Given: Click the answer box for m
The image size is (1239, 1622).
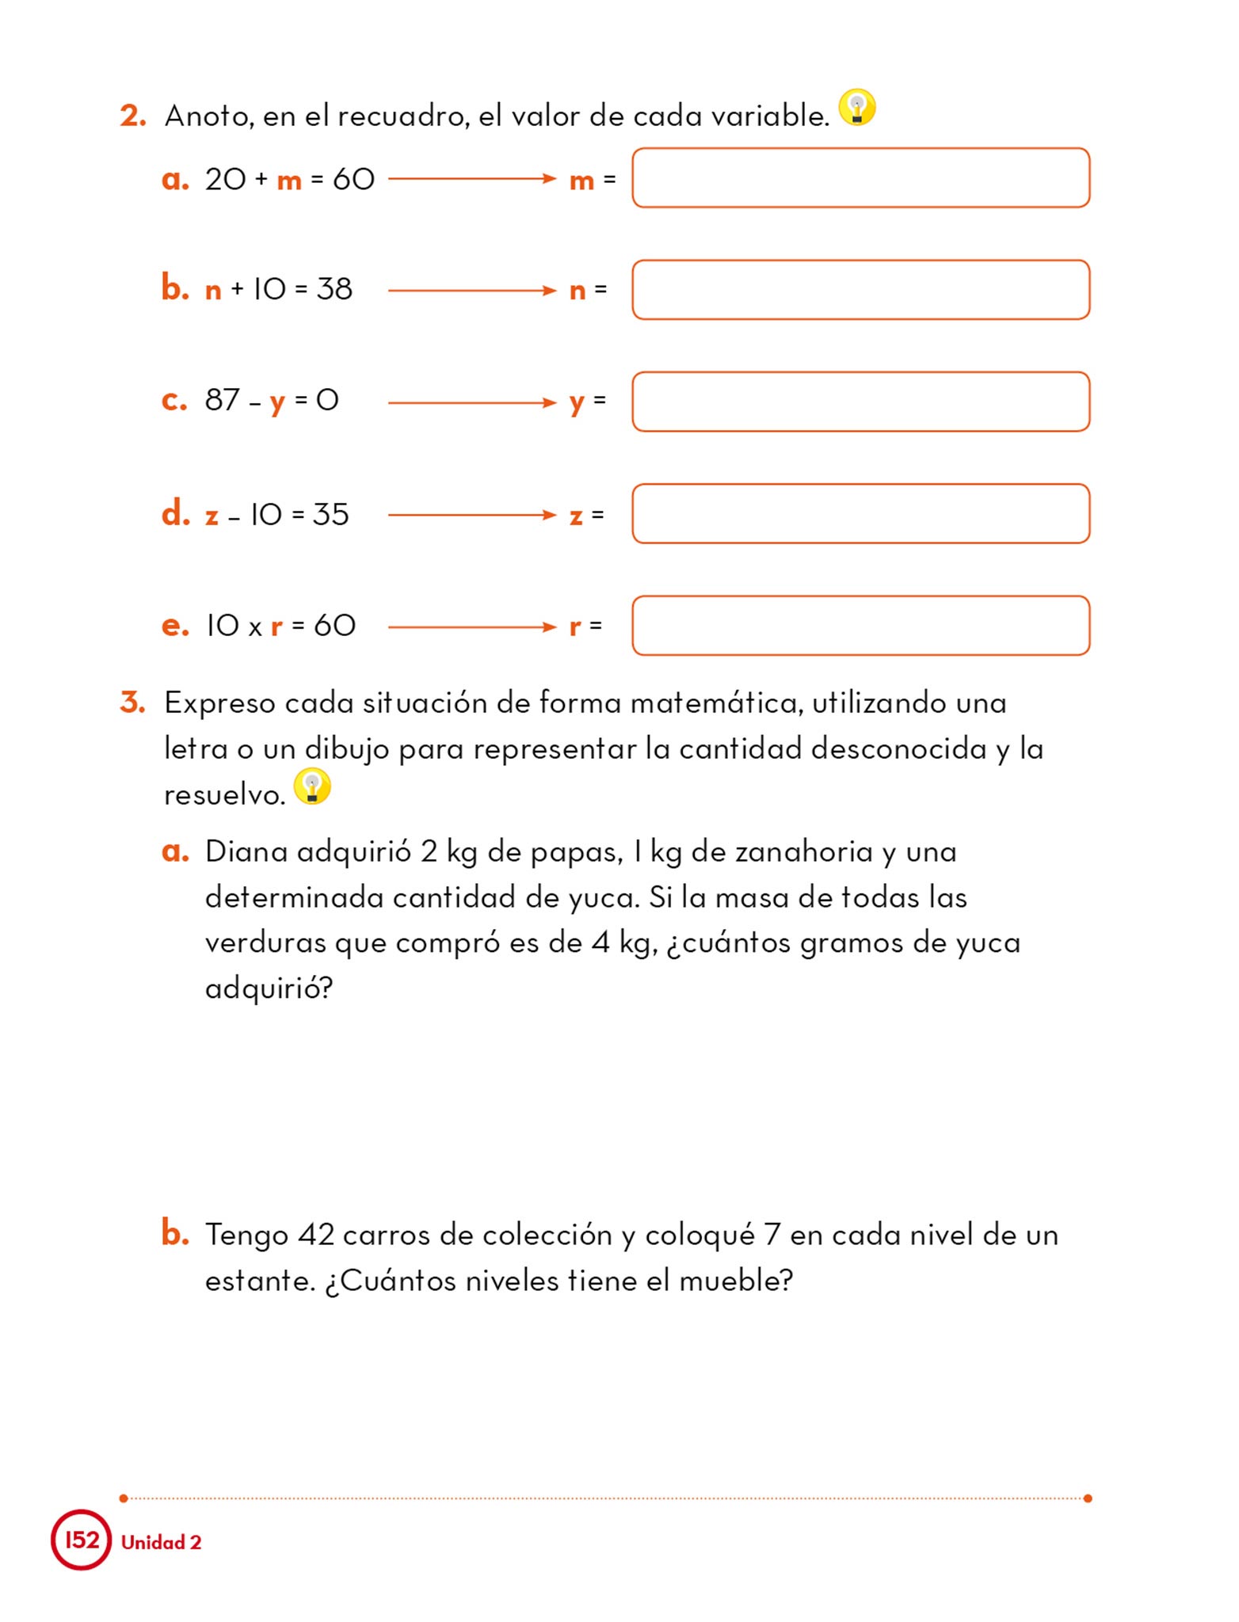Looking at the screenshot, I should (860, 178).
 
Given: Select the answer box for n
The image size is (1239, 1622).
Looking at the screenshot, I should (860, 290).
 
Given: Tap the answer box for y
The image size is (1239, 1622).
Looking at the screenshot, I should (860, 402).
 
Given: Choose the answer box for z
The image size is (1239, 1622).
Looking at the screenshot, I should (860, 514).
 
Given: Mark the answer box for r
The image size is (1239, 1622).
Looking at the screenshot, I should (860, 626).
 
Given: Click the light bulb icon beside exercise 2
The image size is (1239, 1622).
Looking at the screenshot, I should (857, 107).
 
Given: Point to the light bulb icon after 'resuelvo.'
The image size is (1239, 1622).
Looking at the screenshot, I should (312, 786).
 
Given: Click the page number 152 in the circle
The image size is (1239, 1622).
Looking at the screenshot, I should (82, 1540).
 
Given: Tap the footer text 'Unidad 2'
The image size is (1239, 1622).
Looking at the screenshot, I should (162, 1542).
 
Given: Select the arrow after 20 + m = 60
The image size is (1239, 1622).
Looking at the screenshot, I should (472, 179).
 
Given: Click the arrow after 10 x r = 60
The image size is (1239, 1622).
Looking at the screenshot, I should (472, 627).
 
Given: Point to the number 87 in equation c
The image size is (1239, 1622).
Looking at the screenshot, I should (222, 400).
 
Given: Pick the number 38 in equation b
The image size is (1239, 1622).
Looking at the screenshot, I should (334, 289).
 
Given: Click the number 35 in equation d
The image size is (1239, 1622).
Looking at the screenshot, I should (330, 515).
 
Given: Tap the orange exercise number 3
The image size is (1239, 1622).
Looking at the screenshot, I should (132, 702).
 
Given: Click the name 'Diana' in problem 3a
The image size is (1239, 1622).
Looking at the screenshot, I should (246, 851).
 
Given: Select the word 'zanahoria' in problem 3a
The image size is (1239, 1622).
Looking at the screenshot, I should (803, 851).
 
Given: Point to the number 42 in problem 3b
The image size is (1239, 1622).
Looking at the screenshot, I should (316, 1235).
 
